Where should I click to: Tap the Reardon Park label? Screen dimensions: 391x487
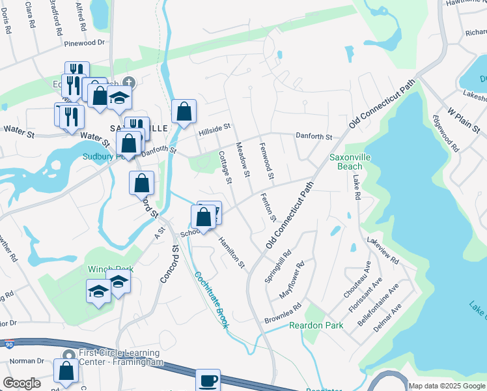pos(298,325)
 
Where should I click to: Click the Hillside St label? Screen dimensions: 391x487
pos(216,130)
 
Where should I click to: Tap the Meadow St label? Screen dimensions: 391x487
pos(242,160)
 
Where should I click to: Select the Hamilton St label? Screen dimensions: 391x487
pos(231,253)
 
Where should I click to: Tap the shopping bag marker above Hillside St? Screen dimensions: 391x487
pos(184,110)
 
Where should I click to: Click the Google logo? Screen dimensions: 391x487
pos(21,383)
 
